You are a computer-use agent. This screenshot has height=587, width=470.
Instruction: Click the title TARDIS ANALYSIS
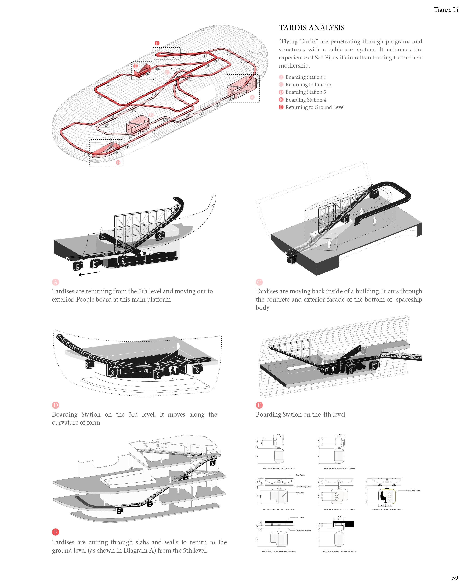pyautogui.click(x=311, y=28)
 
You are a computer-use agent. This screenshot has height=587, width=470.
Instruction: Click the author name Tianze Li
pyautogui.click(x=446, y=10)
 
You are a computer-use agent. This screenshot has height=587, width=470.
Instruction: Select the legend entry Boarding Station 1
pyautogui.click(x=305, y=77)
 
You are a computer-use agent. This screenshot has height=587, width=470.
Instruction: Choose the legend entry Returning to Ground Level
pyautogui.click(x=315, y=107)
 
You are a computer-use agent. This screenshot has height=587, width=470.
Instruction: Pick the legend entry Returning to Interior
pyautogui.click(x=308, y=85)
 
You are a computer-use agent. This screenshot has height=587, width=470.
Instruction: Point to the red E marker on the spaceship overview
pyautogui.click(x=135, y=66)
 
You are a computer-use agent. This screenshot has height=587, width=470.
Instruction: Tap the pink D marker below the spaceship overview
pyautogui.click(x=118, y=163)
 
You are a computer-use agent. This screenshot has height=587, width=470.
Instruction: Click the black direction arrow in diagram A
pyautogui.click(x=89, y=273)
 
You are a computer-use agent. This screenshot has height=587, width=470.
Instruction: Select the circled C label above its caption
pyautogui.click(x=259, y=282)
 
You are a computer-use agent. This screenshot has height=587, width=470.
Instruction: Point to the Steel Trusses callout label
pyautogui.click(x=300, y=475)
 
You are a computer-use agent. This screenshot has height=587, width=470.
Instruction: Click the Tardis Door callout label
pyautogui.click(x=300, y=492)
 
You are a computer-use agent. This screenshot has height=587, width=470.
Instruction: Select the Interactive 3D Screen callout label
pyautogui.click(x=413, y=490)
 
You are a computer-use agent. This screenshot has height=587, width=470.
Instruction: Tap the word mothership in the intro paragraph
pyautogui.click(x=294, y=66)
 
